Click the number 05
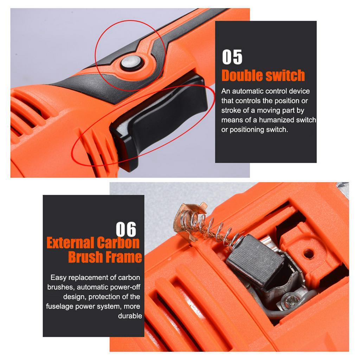point(232,57)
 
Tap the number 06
point(126,229)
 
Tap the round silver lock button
point(132,63)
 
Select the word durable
point(130,316)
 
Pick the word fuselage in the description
point(59,306)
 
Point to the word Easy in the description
point(58,277)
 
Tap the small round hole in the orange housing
point(308,252)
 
